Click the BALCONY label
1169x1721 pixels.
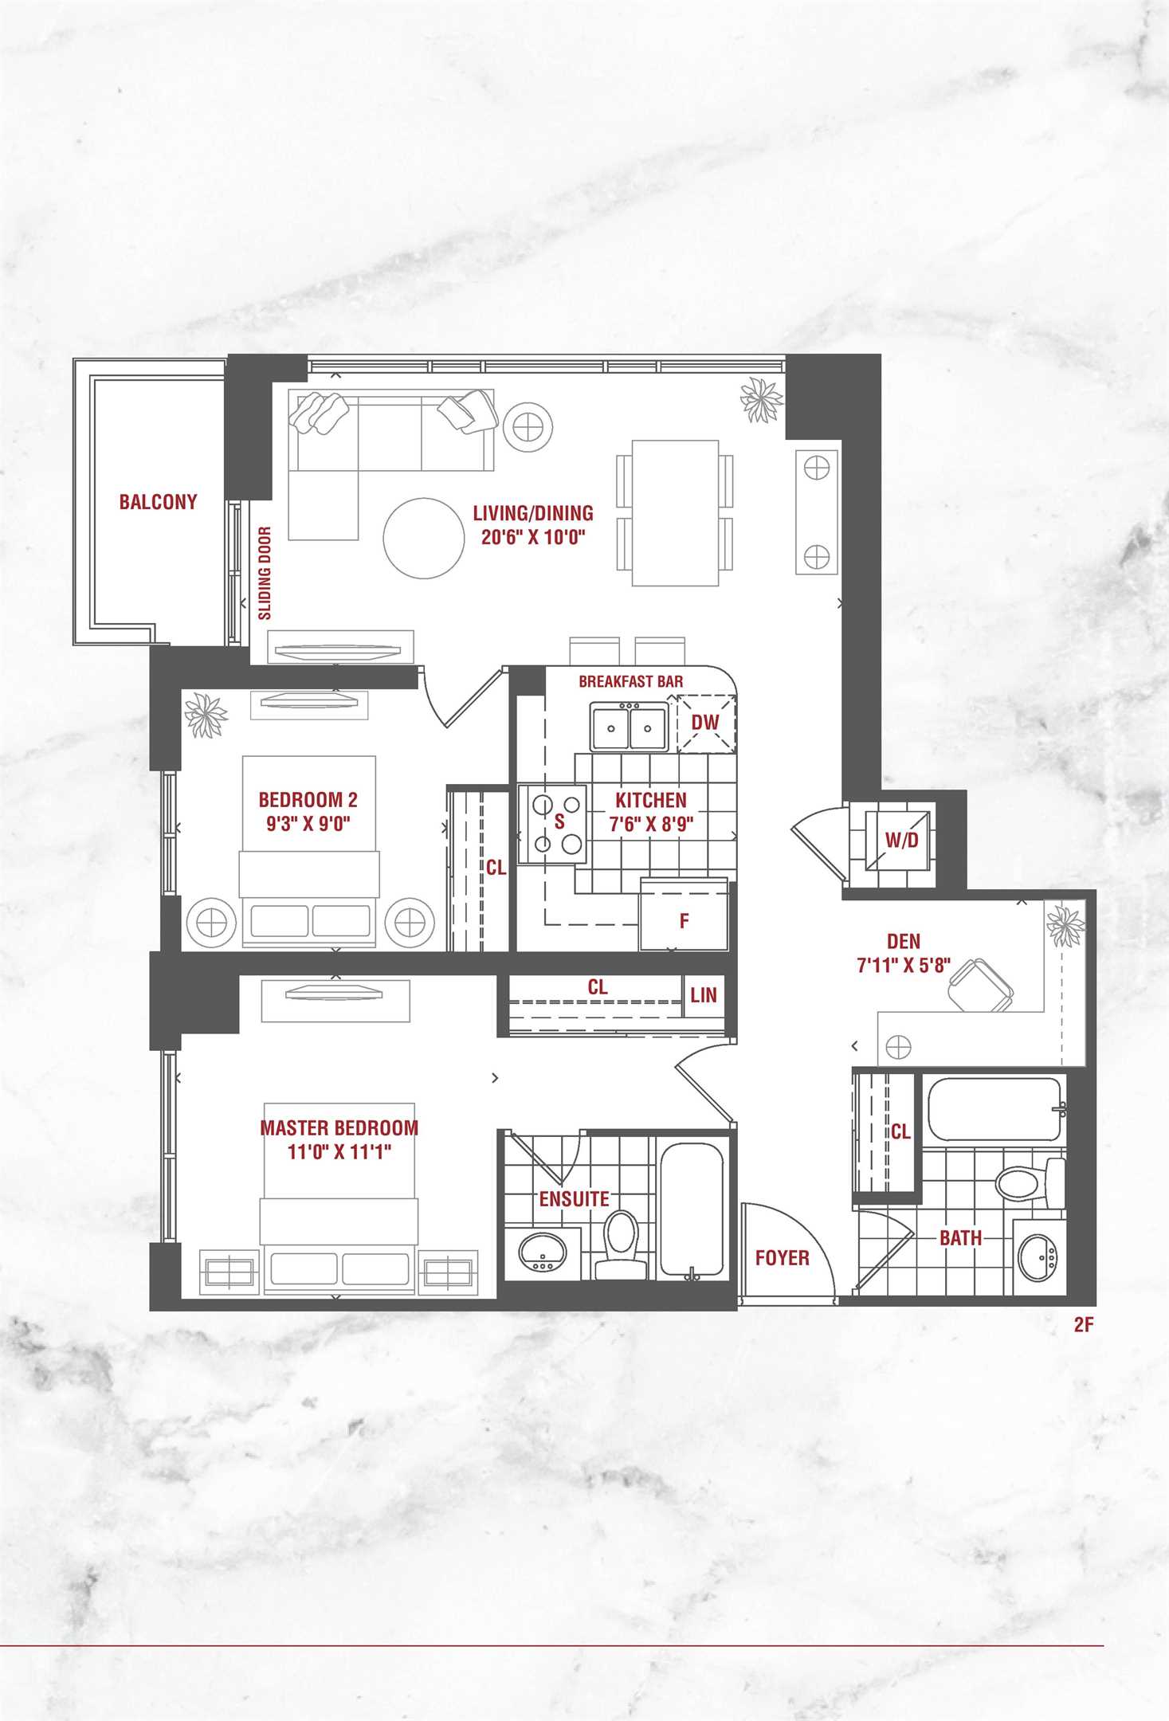pyautogui.click(x=158, y=502)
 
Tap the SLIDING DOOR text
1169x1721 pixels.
pyautogui.click(x=265, y=573)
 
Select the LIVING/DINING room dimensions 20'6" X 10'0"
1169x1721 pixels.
pyautogui.click(x=533, y=536)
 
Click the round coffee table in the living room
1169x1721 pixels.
pyautogui.click(x=423, y=538)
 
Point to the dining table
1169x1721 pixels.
pyautogui.click(x=675, y=513)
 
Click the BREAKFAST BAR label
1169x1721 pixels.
pyautogui.click(x=630, y=681)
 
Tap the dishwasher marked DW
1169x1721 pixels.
pyautogui.click(x=706, y=723)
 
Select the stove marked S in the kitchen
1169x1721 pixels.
pyautogui.click(x=552, y=824)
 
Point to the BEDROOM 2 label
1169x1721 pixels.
pyautogui.click(x=308, y=799)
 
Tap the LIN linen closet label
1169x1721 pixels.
pyautogui.click(x=704, y=995)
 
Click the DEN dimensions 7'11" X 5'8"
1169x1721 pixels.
pyautogui.click(x=904, y=965)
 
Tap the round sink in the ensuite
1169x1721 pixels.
pyautogui.click(x=543, y=1252)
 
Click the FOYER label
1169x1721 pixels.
pyautogui.click(x=782, y=1258)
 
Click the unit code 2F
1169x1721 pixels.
pyautogui.click(x=1083, y=1324)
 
